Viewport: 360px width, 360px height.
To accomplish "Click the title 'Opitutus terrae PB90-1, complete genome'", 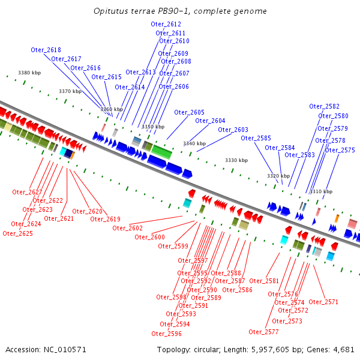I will click(x=181, y=11).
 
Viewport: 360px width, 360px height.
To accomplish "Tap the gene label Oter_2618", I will click(x=46, y=50).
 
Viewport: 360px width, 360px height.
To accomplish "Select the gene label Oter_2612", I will click(x=166, y=24).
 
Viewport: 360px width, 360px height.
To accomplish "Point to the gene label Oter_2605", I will click(x=189, y=112).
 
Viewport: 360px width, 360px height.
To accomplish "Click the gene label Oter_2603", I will click(x=233, y=130).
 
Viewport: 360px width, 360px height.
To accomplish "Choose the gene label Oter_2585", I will click(x=256, y=138).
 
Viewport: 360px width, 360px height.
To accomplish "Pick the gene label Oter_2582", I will click(x=324, y=106).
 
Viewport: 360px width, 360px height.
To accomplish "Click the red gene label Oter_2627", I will click(x=27, y=192).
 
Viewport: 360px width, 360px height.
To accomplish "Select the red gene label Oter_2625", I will click(x=17, y=233).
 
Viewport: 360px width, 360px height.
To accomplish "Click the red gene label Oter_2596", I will click(x=166, y=334).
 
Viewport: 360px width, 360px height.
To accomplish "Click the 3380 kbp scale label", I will click(x=29, y=73).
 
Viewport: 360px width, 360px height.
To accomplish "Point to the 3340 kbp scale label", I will click(x=194, y=144).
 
